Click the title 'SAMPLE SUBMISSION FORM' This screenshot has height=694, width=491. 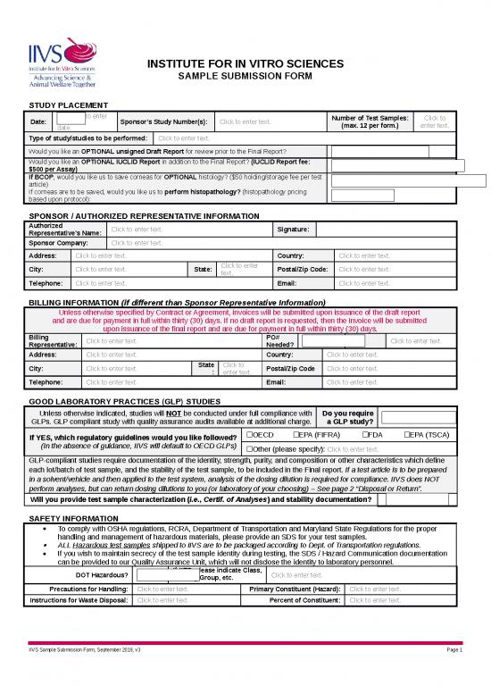pos(244,78)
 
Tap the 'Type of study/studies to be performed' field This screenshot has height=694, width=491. pos(183,138)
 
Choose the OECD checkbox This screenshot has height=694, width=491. pos(250,434)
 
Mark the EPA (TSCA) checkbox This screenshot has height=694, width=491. pos(408,434)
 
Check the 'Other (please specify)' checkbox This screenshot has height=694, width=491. pos(250,448)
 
